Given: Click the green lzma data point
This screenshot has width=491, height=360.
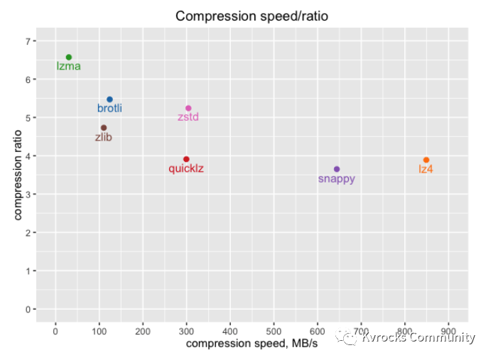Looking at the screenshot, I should (x=69, y=58).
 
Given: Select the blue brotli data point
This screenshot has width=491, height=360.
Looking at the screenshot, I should (x=109, y=99).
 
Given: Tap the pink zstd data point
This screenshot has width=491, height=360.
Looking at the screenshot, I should (x=188, y=108).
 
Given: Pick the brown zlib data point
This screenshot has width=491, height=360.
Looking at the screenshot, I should (x=104, y=128).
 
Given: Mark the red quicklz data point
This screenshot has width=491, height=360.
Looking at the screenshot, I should (x=186, y=159).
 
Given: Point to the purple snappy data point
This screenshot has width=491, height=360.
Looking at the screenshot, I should (x=337, y=169).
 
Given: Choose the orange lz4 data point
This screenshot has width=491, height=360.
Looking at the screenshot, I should (x=426, y=160).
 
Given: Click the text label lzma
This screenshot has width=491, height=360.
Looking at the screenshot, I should (x=69, y=67).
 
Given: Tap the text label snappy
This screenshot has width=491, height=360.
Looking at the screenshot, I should (x=337, y=179).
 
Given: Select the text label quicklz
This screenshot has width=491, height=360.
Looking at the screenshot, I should (x=186, y=169).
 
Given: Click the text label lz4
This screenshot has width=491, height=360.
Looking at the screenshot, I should (x=426, y=170).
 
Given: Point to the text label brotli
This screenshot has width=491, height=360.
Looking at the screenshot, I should (x=109, y=109).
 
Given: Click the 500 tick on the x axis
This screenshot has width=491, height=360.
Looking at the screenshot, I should (x=274, y=330).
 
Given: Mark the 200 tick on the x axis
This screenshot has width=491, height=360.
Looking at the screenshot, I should (x=143, y=330).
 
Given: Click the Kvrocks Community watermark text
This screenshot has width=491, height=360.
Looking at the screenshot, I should (x=418, y=338).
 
